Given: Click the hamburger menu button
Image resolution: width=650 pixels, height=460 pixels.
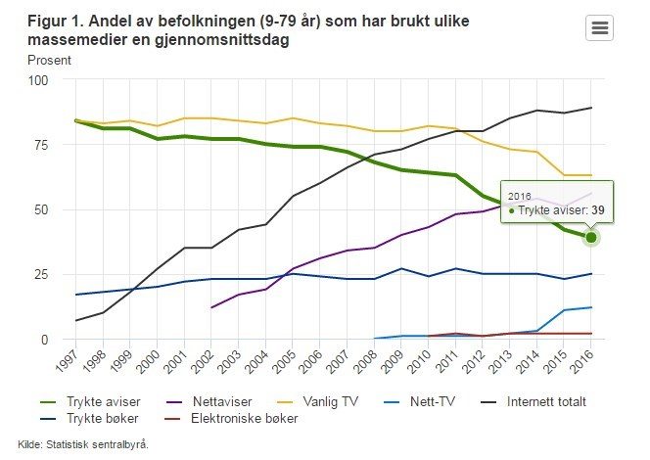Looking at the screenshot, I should [x=599, y=27].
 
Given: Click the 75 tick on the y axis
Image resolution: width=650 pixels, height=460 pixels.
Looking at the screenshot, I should [x=40, y=145].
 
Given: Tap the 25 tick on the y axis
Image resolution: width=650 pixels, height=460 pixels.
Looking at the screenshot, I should [x=40, y=274].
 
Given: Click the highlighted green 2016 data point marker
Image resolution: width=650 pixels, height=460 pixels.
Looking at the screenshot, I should [x=591, y=238].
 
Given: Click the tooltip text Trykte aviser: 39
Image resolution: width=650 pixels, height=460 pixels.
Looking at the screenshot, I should [x=554, y=209].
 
